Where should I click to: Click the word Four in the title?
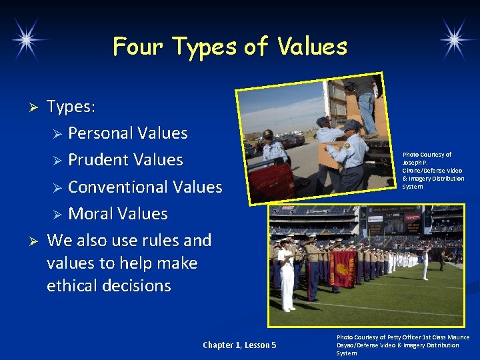pyautogui.click(x=139, y=47)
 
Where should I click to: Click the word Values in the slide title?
pyautogui.click(x=313, y=47)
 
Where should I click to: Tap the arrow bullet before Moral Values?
pyautogui.click(x=57, y=215)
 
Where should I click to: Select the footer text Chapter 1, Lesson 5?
pyautogui.click(x=239, y=345)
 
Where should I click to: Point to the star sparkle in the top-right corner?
pyautogui.click(x=457, y=38)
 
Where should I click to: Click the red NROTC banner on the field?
pyautogui.click(x=343, y=268)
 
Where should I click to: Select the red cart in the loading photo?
pyautogui.click(x=273, y=180)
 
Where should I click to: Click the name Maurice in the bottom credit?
pyautogui.click(x=456, y=337)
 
